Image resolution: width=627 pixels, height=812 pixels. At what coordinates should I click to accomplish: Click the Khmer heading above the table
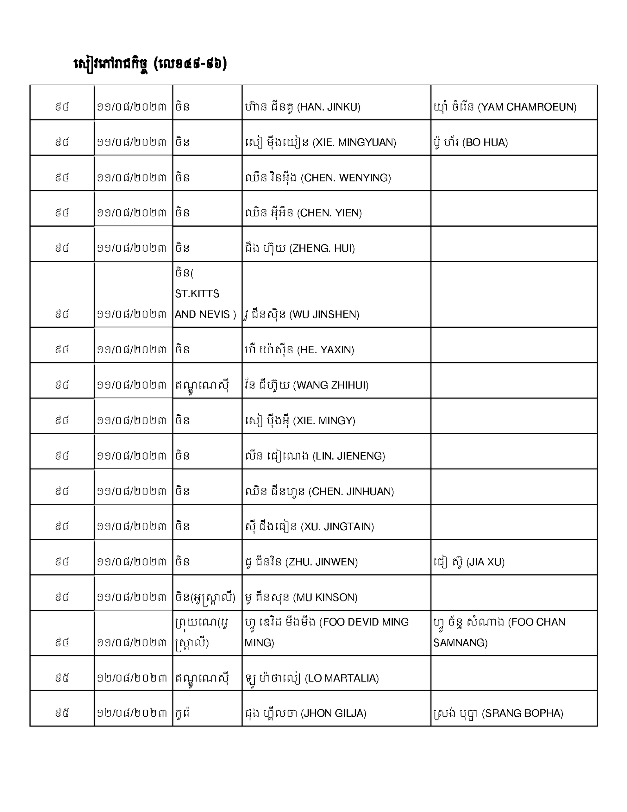pyautogui.click(x=150, y=64)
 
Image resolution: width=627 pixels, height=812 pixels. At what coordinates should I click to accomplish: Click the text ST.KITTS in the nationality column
pyautogui.click(x=197, y=294)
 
